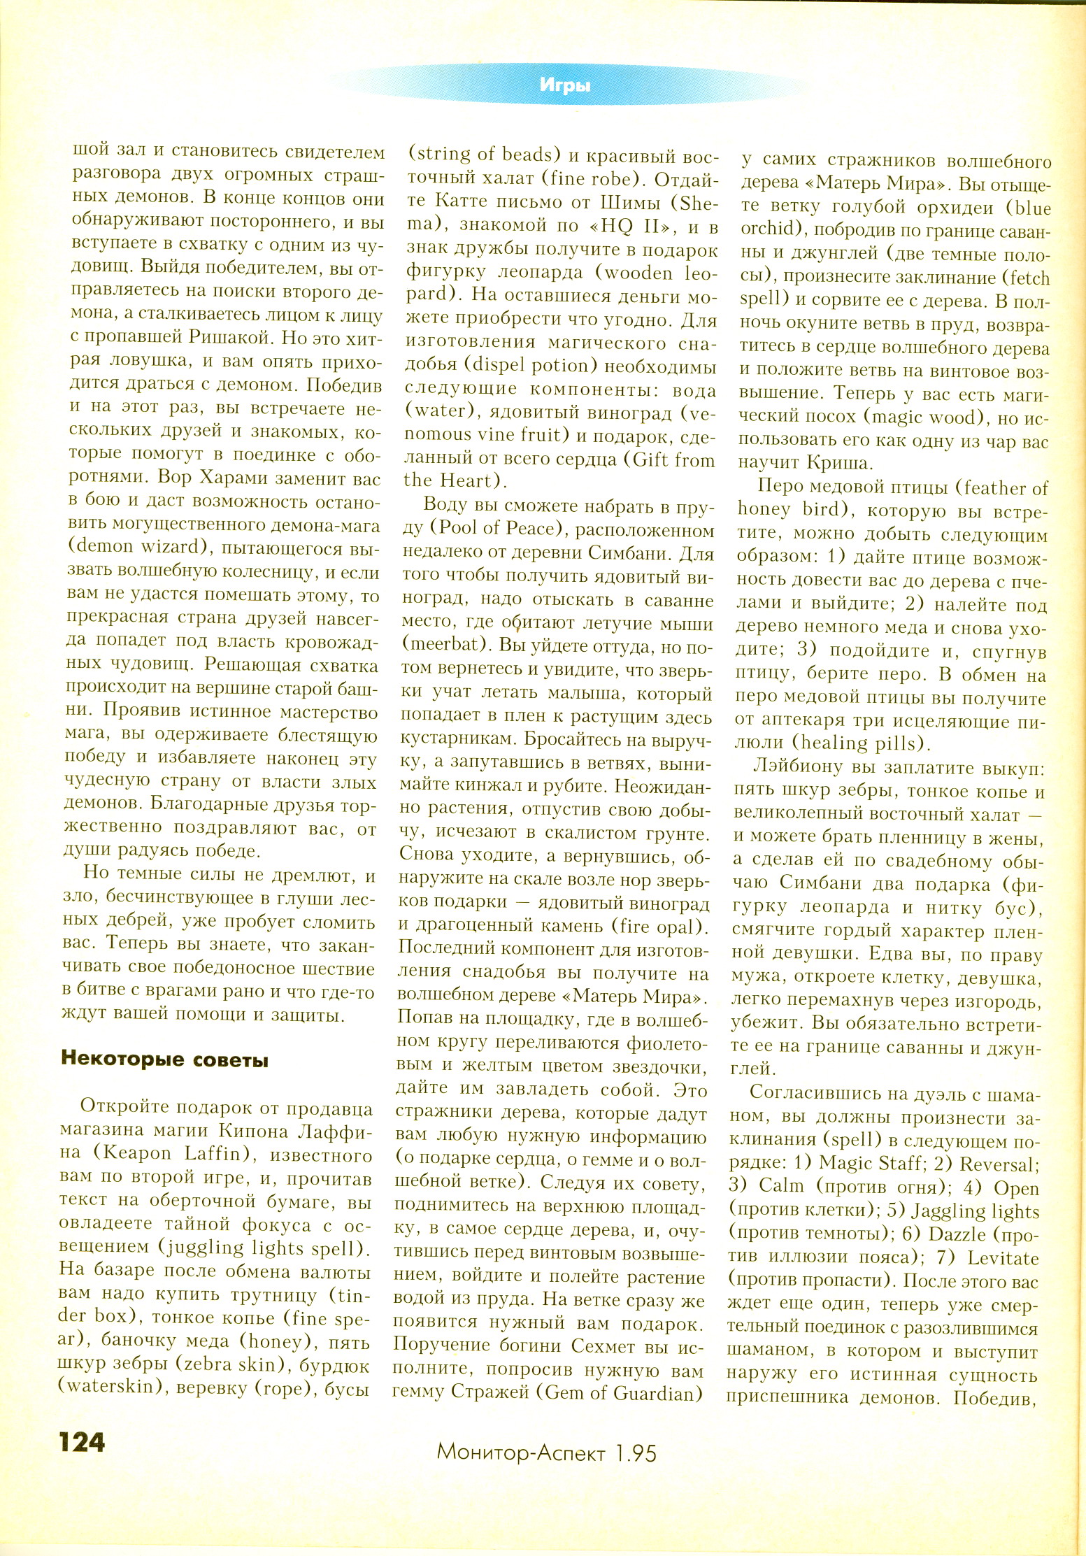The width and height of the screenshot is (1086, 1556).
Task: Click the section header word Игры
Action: coord(565,85)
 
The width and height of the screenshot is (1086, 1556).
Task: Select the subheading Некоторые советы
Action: coord(165,1059)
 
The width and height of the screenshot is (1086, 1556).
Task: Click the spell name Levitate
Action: coord(1003,1257)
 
